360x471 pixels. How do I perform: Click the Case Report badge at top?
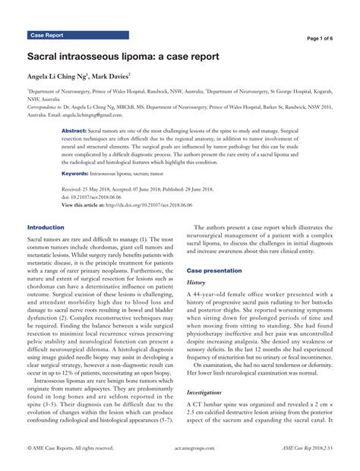[x=47, y=36]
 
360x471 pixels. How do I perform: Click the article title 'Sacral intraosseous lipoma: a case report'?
[x=123, y=57]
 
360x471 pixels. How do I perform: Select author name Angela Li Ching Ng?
[x=58, y=77]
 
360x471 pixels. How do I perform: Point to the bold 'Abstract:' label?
[x=74, y=131]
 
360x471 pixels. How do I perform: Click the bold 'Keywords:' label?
[x=75, y=173]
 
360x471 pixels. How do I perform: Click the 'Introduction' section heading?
[x=46, y=227]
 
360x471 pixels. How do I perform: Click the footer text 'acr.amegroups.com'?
[x=179, y=460]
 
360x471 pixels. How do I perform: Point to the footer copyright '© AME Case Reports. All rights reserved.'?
[x=67, y=460]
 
